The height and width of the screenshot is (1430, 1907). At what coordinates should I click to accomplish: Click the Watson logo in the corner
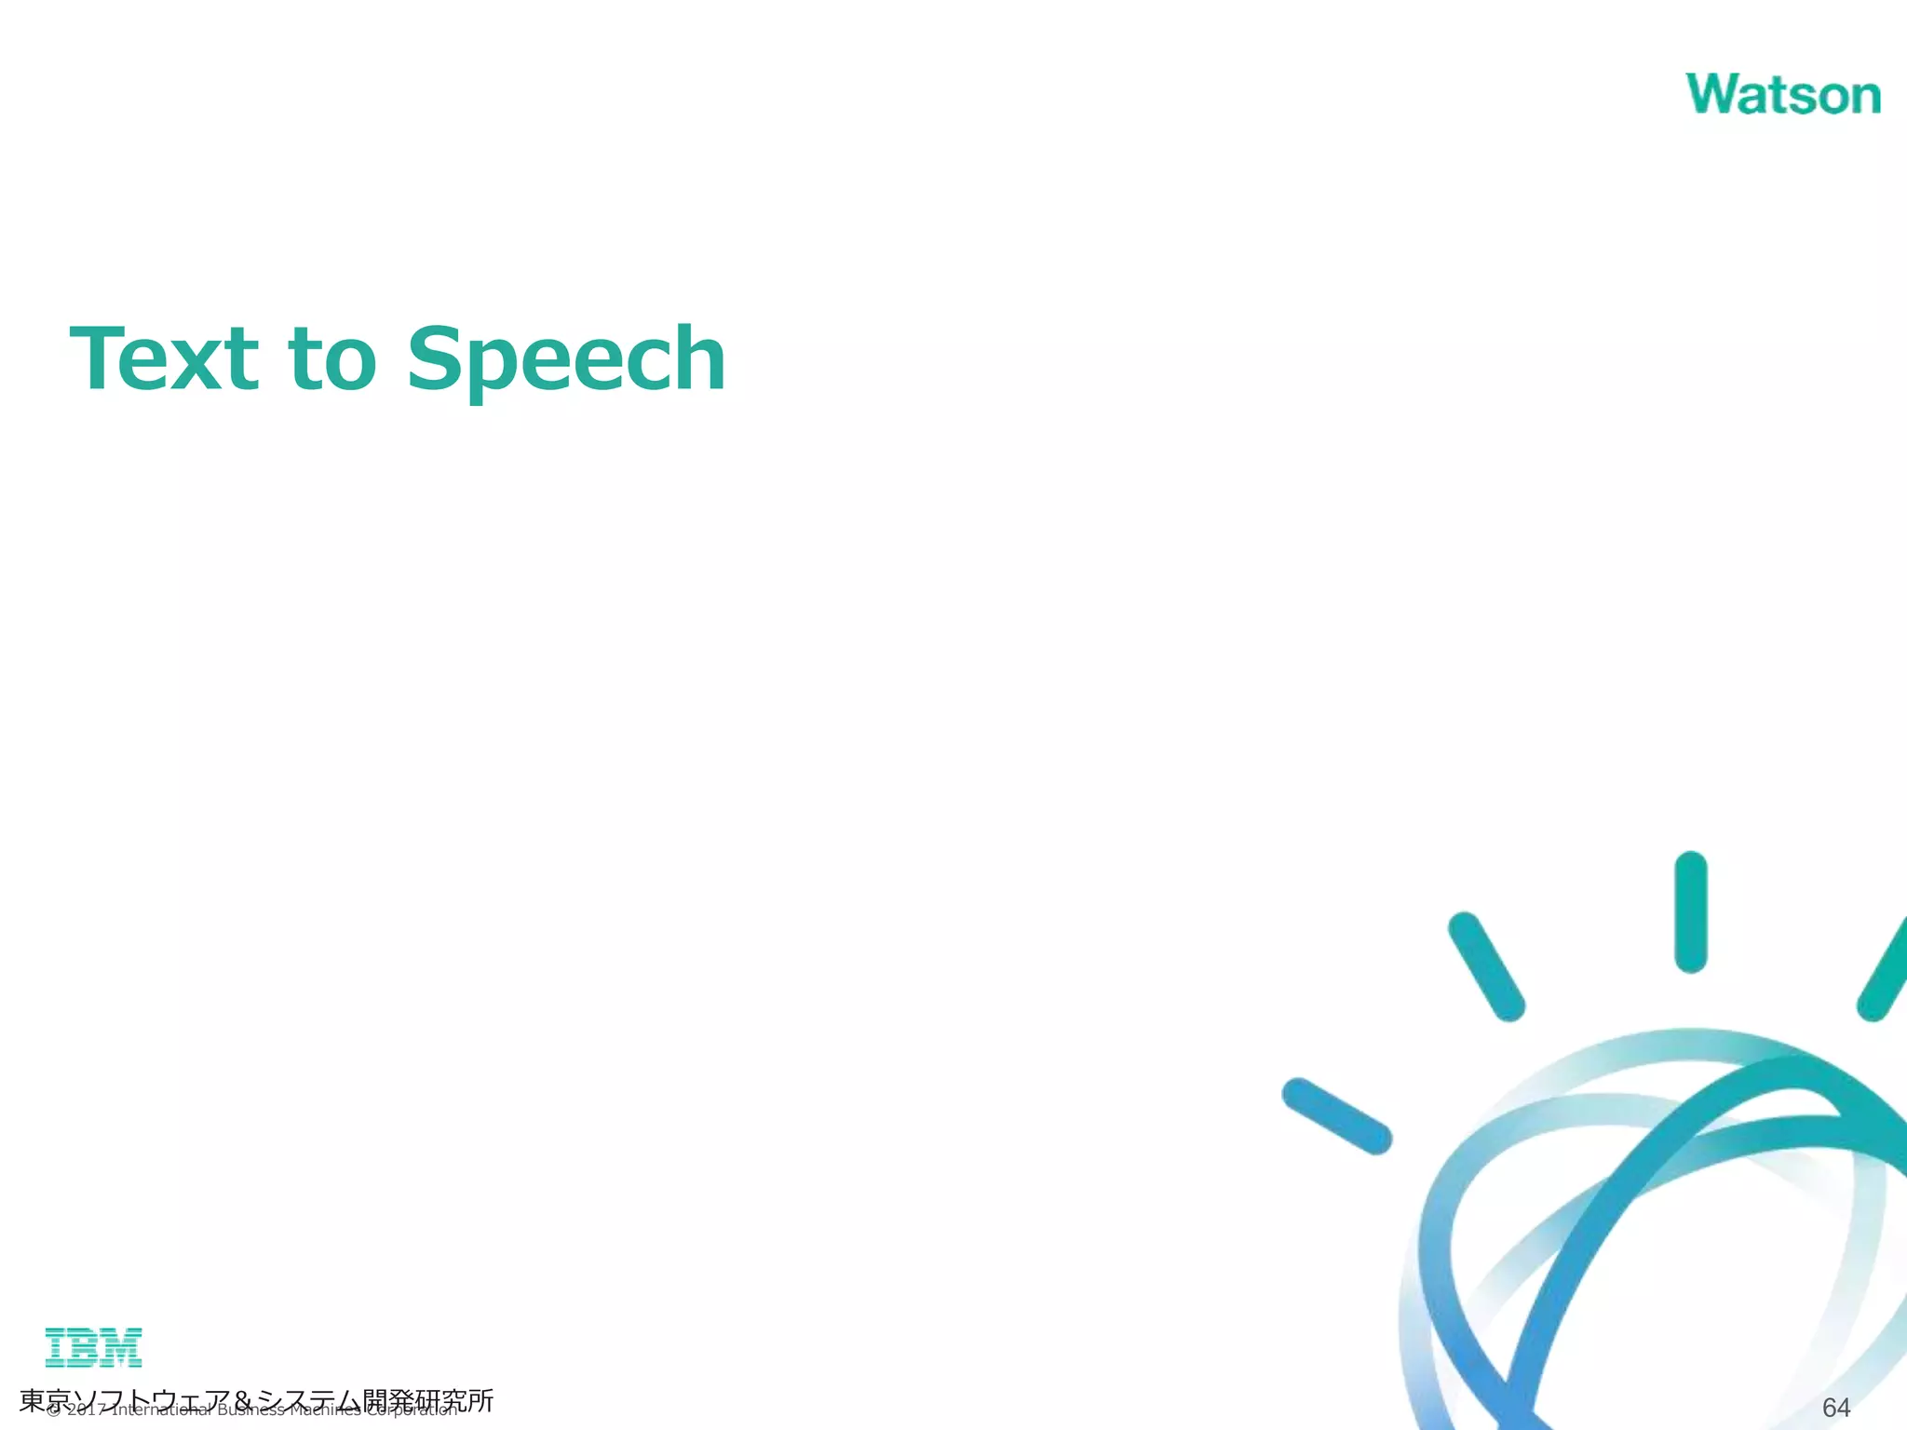(x=1782, y=95)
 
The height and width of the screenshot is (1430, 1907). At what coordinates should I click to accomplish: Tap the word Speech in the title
(x=566, y=361)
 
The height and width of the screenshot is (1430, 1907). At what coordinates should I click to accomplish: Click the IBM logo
(x=93, y=1347)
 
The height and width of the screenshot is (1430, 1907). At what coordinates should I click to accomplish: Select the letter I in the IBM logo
(x=57, y=1347)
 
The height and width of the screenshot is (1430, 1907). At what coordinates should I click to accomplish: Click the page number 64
(x=1835, y=1407)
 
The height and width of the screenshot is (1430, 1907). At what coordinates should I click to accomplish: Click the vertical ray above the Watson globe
(x=1690, y=911)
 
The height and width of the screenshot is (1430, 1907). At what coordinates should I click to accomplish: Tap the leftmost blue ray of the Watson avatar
(x=1336, y=1115)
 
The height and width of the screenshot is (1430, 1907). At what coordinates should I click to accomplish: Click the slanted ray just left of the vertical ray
(x=1486, y=965)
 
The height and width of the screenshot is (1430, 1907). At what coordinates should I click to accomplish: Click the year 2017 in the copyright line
(x=86, y=1410)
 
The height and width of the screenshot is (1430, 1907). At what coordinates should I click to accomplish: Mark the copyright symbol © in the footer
(x=53, y=1410)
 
